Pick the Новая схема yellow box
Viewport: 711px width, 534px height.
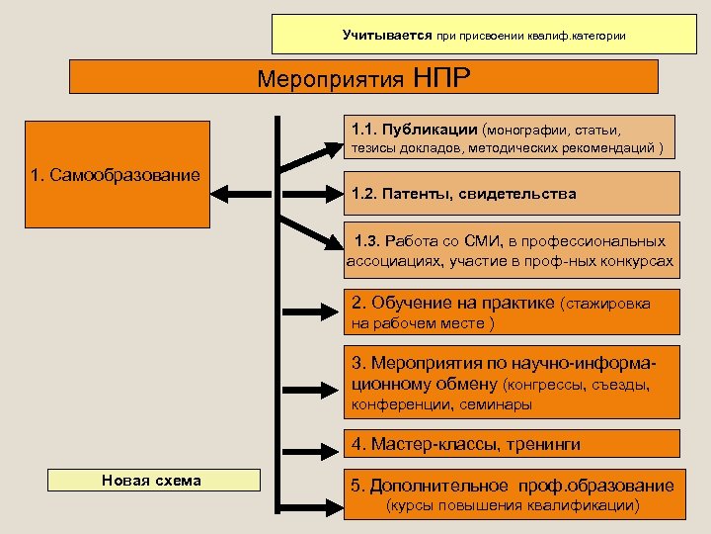[151, 481]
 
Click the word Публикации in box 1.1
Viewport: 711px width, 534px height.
[432, 130]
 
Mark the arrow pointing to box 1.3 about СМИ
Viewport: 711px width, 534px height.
[312, 229]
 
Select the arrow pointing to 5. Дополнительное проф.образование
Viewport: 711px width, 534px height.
[310, 489]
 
